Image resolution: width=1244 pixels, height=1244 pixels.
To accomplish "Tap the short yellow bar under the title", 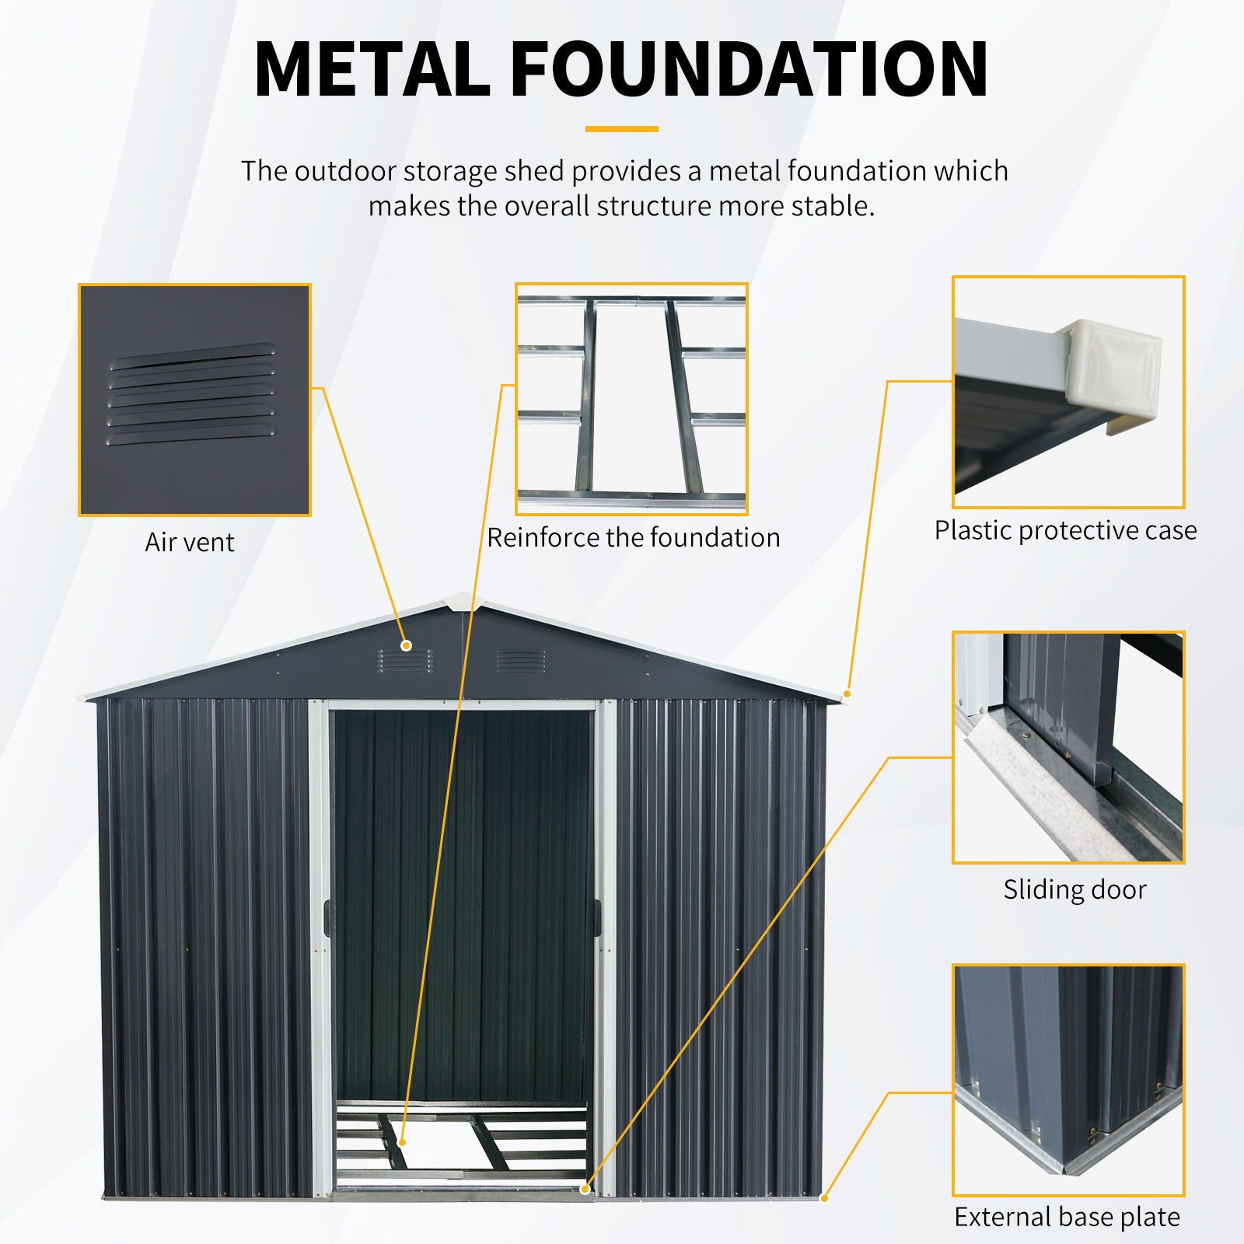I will tap(621, 129).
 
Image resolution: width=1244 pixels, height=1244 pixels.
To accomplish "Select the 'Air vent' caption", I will tap(190, 542).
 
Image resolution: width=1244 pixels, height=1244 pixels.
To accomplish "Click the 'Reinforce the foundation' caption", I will tap(633, 537).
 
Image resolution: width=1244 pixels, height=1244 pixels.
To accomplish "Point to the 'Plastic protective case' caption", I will tap(1065, 530).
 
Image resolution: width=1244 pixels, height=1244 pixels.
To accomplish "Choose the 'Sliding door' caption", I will tap(1075, 889).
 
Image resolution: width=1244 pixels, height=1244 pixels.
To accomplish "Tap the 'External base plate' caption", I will tap(1067, 1217).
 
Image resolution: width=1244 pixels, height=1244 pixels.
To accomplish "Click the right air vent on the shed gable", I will tap(520, 661).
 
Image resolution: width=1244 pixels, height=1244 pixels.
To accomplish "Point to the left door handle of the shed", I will tap(327, 917).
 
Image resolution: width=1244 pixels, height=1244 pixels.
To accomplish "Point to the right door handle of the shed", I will tap(598, 917).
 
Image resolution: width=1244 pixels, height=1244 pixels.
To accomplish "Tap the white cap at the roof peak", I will tap(458, 602).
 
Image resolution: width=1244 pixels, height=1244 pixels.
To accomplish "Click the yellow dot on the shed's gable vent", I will tap(406, 645).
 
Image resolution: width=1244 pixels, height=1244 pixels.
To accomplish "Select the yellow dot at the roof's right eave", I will tap(847, 693).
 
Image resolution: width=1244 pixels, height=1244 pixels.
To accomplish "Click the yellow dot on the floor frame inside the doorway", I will tap(402, 1142).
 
